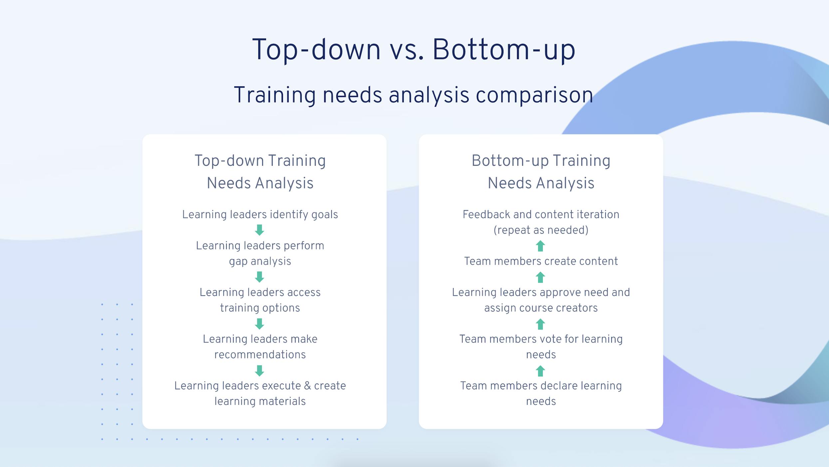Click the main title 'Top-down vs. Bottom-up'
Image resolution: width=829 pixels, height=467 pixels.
pos(414,50)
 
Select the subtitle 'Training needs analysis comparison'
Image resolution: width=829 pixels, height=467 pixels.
pos(414,95)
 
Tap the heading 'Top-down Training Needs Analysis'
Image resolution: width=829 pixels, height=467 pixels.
pos(260,172)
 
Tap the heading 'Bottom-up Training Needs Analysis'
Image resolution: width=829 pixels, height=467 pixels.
pos(541,172)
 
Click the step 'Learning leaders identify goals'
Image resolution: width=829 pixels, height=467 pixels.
pos(260,214)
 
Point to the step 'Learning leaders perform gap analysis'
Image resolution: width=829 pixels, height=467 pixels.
pos(260,253)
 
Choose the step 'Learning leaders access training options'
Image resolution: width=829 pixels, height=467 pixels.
pos(260,300)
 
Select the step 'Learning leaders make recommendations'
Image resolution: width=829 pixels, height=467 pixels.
pos(260,347)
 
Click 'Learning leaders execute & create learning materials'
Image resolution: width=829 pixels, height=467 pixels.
pos(260,393)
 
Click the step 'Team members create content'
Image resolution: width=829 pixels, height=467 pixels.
pos(541,261)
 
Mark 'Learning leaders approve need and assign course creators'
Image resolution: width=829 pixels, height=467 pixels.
pos(541,300)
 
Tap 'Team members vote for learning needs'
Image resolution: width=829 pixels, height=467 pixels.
pos(541,347)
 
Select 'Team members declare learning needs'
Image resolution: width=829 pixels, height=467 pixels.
pos(541,393)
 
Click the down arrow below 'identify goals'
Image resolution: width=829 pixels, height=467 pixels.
pos(260,230)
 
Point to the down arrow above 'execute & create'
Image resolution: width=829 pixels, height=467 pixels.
pos(260,370)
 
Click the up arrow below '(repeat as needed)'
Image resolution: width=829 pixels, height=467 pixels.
pos(540,246)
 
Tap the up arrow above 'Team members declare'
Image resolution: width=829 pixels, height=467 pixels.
pos(540,371)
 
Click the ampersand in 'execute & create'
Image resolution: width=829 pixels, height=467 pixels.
pos(308,386)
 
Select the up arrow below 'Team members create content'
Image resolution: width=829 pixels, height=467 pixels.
pos(540,277)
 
